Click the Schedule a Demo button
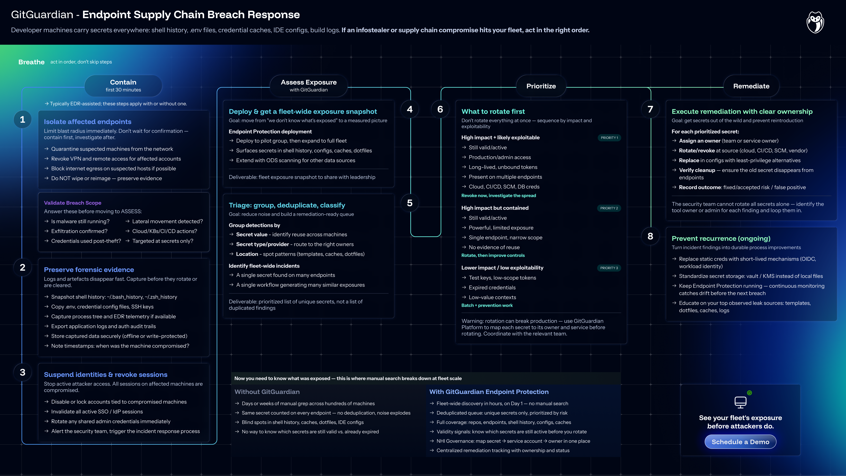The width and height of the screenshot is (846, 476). [740, 442]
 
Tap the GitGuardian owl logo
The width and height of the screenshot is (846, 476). [815, 22]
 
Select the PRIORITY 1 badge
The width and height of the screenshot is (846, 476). [609, 138]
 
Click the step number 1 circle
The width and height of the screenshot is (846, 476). [22, 119]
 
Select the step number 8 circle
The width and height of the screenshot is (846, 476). [650, 236]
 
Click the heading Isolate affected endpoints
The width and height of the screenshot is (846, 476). [88, 121]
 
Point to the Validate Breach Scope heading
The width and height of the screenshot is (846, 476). [73, 203]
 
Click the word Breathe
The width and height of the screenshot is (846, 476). [31, 62]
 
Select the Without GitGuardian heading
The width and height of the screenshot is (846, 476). [267, 391]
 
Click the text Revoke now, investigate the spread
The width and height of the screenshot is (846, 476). [499, 196]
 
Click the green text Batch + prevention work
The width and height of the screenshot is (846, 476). [487, 305]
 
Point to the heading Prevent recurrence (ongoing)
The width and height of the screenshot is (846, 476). [721, 238]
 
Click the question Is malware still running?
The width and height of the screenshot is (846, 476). [80, 221]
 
